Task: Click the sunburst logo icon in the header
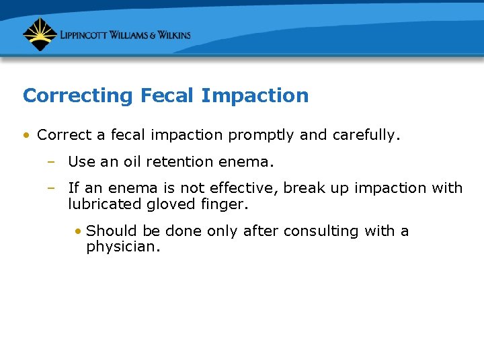pyautogui.click(x=40, y=34)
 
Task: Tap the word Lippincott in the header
pyautogui.click(x=87, y=35)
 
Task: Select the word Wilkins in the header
pyautogui.click(x=171, y=35)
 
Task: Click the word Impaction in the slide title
pyautogui.click(x=255, y=96)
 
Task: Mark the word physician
pyautogui.click(x=124, y=247)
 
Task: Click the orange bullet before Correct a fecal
pyautogui.click(x=26, y=135)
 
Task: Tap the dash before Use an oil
pyautogui.click(x=51, y=162)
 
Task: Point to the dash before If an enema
pyautogui.click(x=51, y=188)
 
